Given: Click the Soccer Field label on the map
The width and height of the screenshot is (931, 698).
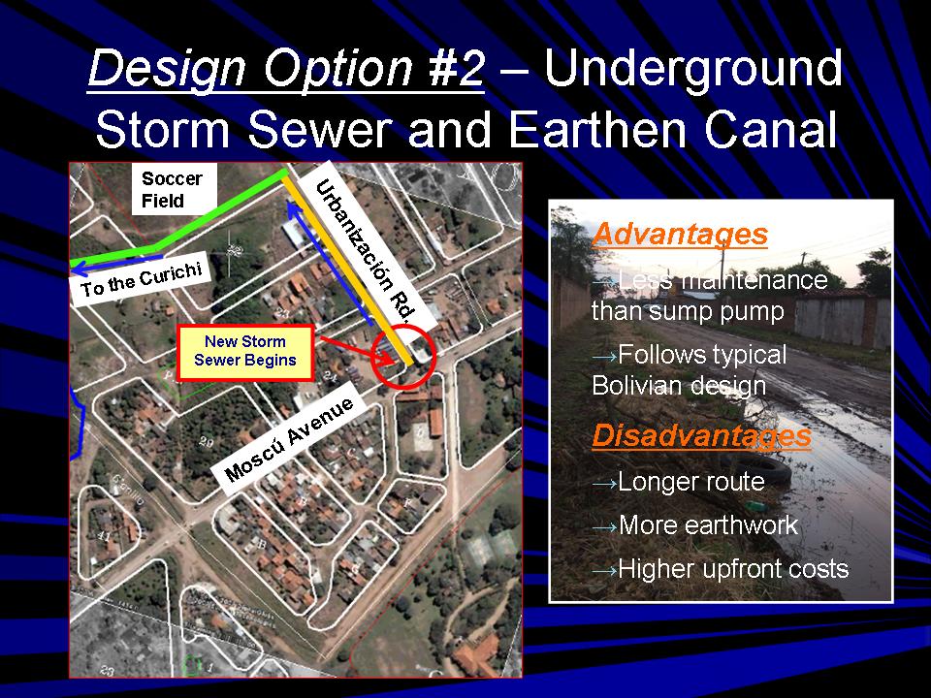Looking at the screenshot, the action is [x=174, y=189].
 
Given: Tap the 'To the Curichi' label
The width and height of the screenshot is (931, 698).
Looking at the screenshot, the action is [x=142, y=280].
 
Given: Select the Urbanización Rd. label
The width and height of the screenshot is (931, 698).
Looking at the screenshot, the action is [x=367, y=252].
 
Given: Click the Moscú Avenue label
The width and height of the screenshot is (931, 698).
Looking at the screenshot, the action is [x=290, y=438].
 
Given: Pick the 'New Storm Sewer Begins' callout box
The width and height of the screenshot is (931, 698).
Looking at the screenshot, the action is [x=245, y=353].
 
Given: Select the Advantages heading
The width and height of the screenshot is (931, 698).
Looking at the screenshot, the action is [x=680, y=234].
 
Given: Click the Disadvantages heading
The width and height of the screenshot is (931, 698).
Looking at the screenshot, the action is [x=701, y=435].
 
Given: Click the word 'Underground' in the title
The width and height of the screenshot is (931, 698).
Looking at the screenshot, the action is [x=692, y=71].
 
